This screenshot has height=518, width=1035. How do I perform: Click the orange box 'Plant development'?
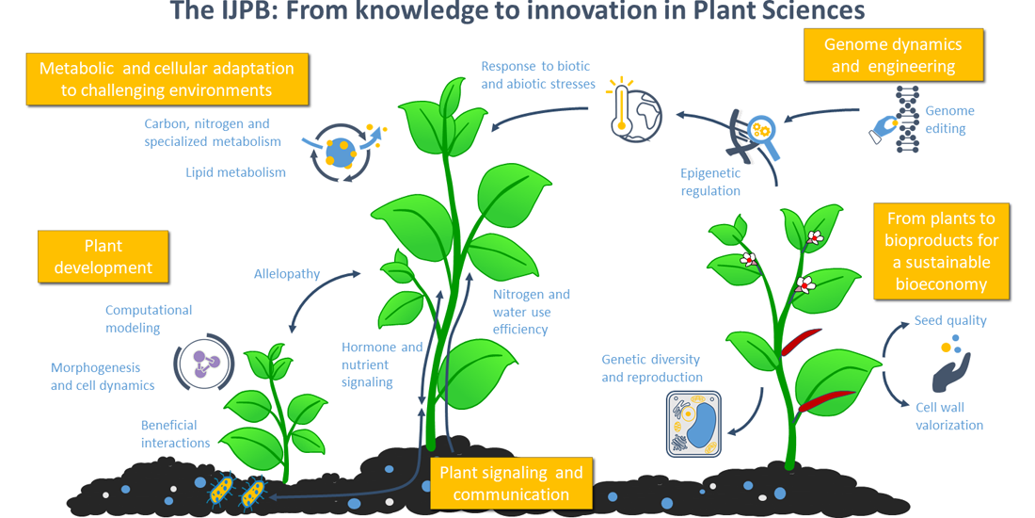tap(103, 256)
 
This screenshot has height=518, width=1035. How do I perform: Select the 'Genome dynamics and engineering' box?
tap(893, 55)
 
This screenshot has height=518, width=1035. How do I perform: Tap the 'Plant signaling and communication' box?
tap(511, 483)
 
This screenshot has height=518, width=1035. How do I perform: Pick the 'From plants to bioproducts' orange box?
tap(941, 251)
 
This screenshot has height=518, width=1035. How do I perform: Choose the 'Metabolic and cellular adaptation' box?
tap(167, 79)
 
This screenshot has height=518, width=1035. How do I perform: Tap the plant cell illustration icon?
tap(693, 424)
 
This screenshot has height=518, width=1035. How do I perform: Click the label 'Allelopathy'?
tap(287, 274)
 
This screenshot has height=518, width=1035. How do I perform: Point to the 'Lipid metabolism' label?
tap(235, 172)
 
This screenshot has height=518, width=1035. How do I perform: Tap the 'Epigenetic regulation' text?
tap(710, 182)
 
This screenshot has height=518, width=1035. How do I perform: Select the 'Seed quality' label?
tap(950, 320)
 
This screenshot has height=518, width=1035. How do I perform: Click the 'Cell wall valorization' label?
tap(948, 416)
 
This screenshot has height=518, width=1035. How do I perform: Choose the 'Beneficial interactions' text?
tap(176, 434)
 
